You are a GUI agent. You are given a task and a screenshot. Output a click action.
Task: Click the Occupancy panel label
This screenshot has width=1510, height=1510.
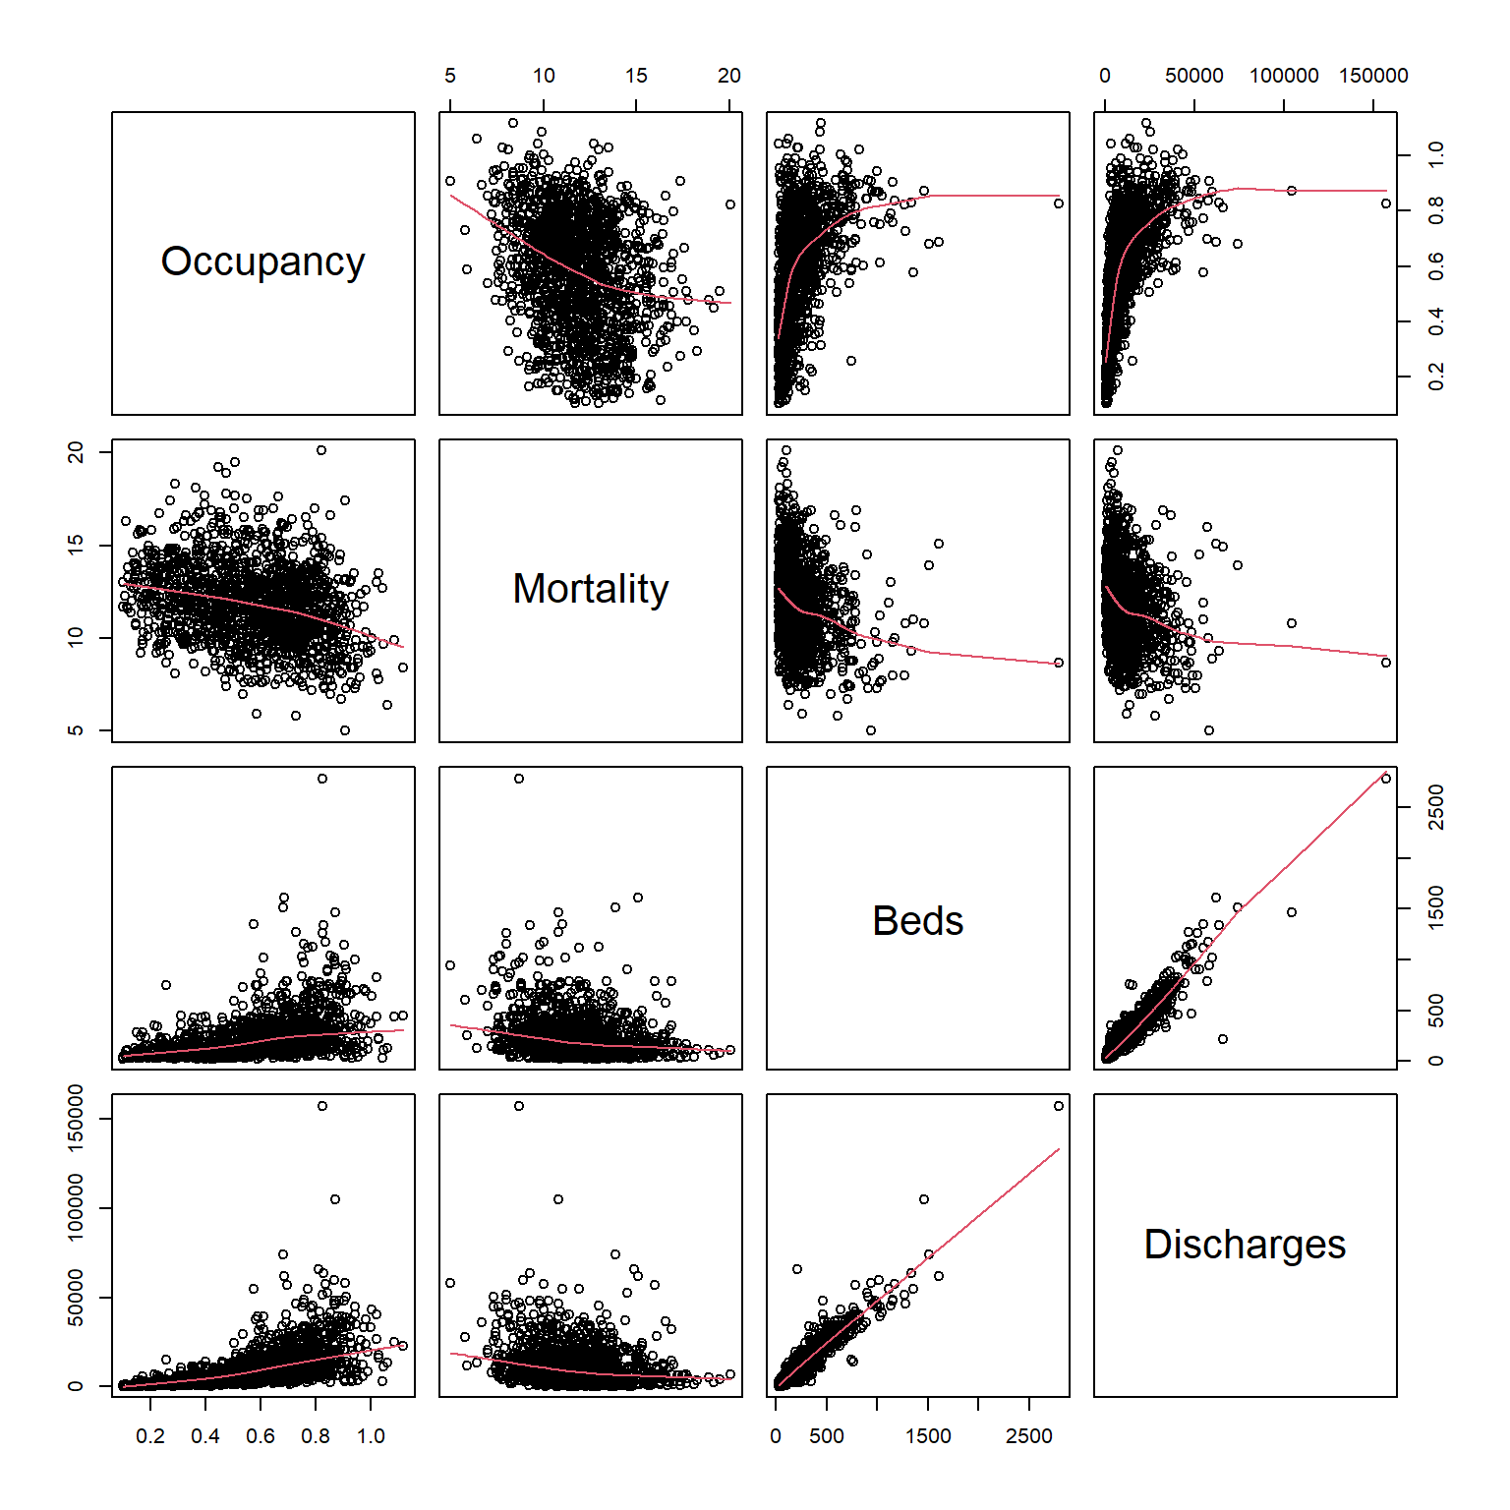(x=262, y=261)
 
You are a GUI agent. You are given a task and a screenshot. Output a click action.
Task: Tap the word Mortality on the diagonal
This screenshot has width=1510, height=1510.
(x=590, y=589)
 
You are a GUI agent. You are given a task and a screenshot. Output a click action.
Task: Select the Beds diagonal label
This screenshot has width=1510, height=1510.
(x=917, y=921)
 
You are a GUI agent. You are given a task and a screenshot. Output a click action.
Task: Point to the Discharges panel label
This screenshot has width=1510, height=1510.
(x=1245, y=1245)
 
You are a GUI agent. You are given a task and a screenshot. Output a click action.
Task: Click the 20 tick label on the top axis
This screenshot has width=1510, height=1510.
(x=728, y=76)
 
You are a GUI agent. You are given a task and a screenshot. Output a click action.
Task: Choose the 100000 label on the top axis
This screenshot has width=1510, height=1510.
(x=1284, y=76)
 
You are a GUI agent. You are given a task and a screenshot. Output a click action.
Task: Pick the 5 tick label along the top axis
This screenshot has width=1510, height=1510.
(x=450, y=76)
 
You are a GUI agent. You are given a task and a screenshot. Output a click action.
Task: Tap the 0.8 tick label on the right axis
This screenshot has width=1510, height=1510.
(x=1436, y=210)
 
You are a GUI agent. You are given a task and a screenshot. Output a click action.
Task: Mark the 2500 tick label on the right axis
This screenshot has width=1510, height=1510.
(x=1436, y=807)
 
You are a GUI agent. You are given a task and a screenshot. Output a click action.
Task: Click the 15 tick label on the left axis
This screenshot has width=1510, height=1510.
(x=76, y=544)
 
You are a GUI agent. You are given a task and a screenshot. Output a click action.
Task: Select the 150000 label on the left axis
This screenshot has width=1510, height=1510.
(x=76, y=1119)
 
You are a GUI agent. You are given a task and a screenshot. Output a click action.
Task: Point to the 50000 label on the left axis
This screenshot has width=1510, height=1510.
(x=76, y=1298)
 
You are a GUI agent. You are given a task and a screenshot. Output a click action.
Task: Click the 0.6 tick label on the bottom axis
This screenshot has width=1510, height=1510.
(x=261, y=1436)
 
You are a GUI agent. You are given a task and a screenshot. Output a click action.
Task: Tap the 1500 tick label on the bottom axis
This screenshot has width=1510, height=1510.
(x=928, y=1436)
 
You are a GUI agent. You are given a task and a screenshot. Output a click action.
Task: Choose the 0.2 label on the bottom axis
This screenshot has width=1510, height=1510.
(x=150, y=1436)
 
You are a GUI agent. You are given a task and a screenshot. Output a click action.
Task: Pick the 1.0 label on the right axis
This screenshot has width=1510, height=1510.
(x=1436, y=154)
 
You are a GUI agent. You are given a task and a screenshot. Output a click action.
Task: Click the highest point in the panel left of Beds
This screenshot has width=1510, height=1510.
(x=519, y=779)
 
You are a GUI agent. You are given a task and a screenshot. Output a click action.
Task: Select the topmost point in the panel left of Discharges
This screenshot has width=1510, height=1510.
(x=1059, y=1106)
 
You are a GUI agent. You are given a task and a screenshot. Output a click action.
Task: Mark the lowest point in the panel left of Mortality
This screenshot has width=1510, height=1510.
(x=345, y=730)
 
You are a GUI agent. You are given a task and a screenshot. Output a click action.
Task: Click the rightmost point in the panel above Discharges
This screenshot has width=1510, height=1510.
(x=1386, y=779)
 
